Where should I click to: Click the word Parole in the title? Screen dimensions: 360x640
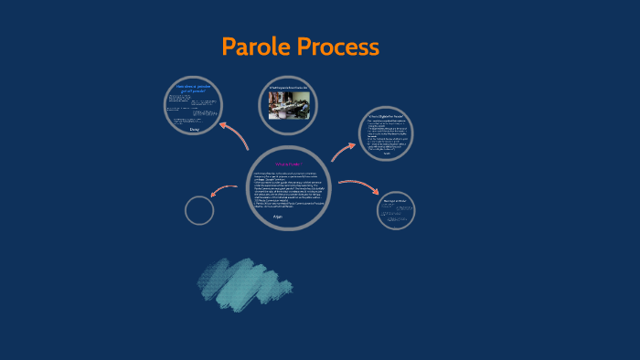click(x=258, y=47)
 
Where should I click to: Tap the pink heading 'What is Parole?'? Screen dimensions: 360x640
click(x=289, y=164)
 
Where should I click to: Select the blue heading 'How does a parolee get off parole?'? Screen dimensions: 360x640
click(x=194, y=89)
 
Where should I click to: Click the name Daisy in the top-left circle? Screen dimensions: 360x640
click(x=194, y=130)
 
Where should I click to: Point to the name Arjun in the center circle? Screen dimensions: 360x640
click(x=291, y=217)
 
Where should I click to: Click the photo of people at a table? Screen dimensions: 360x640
click(x=289, y=106)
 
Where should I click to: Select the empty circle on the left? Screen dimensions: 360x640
click(x=199, y=210)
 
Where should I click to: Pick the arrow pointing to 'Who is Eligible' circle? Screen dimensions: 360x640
click(x=344, y=151)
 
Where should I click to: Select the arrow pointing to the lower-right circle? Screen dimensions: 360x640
click(x=359, y=185)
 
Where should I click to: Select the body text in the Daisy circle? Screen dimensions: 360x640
click(x=193, y=109)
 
